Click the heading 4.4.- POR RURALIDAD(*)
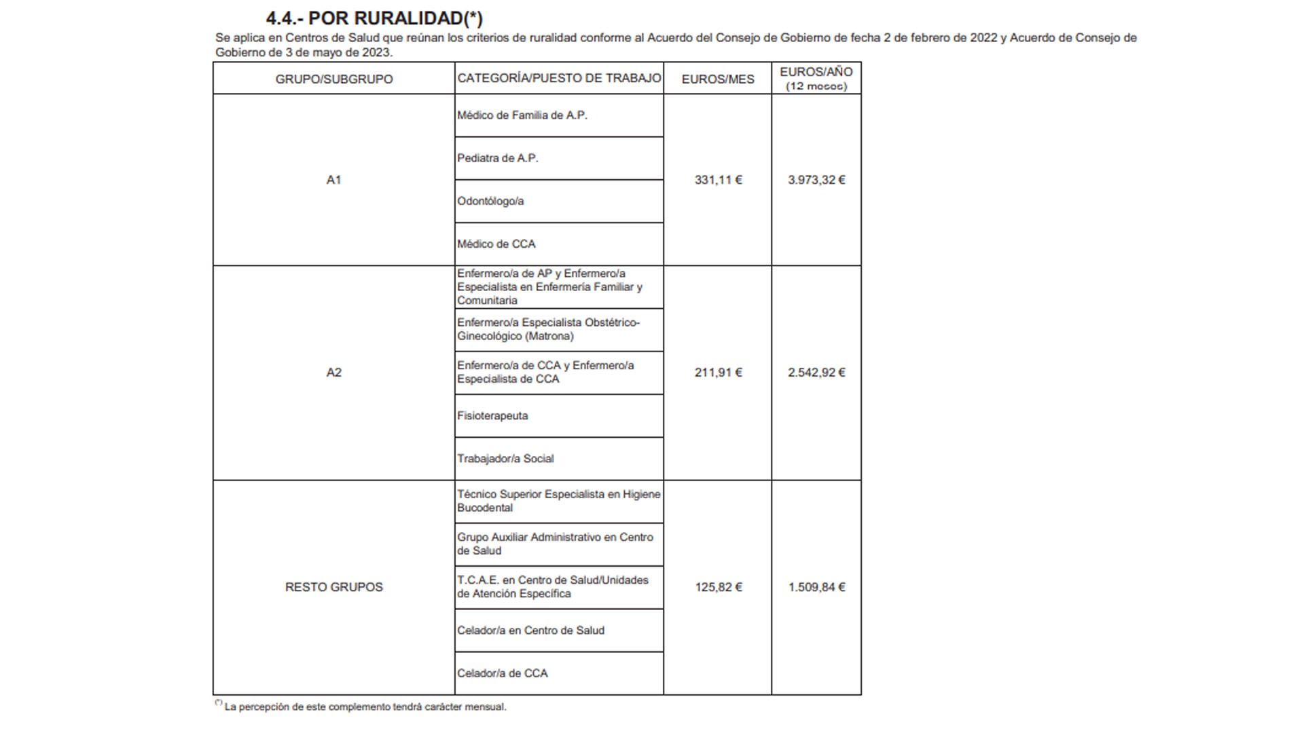click(x=374, y=18)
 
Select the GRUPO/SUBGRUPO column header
click(x=333, y=79)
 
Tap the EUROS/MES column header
click(x=718, y=79)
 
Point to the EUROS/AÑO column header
click(x=816, y=78)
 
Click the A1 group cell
click(x=333, y=180)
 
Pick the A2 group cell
click(x=333, y=373)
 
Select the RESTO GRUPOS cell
click(x=333, y=587)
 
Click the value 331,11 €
click(x=718, y=180)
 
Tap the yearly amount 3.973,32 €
click(x=816, y=180)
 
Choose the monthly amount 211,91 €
click(x=718, y=373)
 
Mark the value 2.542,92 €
click(x=816, y=373)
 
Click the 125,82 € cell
click(x=718, y=587)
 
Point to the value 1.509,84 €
click(x=816, y=587)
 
